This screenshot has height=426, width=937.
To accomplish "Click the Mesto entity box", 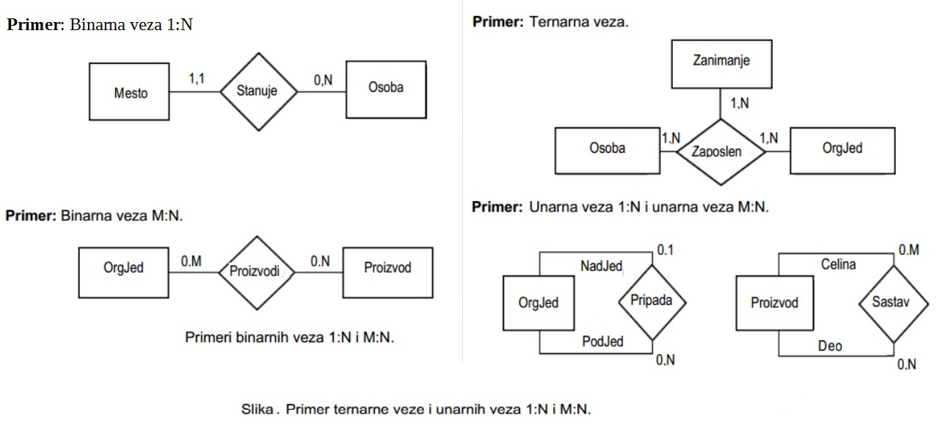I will click(x=130, y=93).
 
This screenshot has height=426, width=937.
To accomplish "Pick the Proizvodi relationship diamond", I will click(x=255, y=271).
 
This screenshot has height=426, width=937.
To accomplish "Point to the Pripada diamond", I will click(x=652, y=300).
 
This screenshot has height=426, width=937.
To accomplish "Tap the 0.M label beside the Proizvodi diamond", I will click(x=191, y=261).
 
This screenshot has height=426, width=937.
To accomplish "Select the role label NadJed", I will click(x=601, y=267).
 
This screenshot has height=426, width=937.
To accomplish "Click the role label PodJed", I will click(x=602, y=341).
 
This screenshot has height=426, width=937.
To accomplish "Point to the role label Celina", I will click(x=838, y=264).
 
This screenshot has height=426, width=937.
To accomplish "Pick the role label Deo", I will click(x=830, y=345).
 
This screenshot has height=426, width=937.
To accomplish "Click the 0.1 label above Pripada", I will click(x=665, y=250).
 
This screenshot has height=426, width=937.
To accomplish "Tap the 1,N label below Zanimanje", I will click(x=740, y=104).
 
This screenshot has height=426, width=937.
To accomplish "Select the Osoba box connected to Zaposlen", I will click(x=607, y=151).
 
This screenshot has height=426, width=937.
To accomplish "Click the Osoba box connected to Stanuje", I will click(x=385, y=90).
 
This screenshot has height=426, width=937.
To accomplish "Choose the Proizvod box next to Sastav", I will click(x=775, y=302).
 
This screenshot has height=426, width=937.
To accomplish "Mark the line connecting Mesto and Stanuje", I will click(x=195, y=92).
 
